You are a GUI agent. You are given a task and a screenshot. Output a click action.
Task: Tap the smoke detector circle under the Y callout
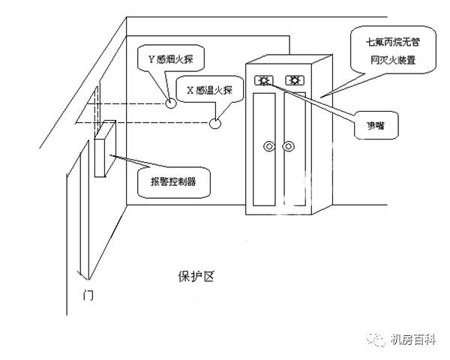171,101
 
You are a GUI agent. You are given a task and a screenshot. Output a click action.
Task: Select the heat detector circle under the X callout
217,122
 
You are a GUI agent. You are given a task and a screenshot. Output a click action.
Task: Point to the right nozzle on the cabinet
296,79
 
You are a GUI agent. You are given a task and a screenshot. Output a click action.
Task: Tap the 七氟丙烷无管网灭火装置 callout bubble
391,46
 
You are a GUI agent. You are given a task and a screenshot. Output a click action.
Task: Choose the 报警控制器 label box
174,180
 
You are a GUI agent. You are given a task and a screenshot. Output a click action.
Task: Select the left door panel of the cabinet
268,150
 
